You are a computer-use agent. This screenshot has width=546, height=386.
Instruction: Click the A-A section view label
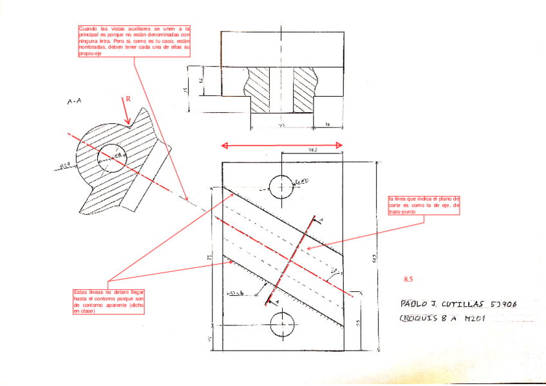click(75, 101)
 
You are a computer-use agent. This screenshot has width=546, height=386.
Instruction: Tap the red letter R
click(127, 99)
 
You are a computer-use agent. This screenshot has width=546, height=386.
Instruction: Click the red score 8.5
click(408, 280)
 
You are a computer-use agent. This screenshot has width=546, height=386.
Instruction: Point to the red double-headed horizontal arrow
click(281, 146)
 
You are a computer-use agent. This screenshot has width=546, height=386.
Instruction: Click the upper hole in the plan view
click(281, 186)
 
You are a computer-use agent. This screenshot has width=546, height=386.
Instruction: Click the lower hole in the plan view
click(281, 323)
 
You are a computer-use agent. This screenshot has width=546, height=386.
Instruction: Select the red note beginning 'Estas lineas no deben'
click(109, 302)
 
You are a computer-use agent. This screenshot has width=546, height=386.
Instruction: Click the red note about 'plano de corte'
click(424, 206)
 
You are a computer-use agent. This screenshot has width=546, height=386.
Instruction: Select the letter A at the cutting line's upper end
click(321, 221)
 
